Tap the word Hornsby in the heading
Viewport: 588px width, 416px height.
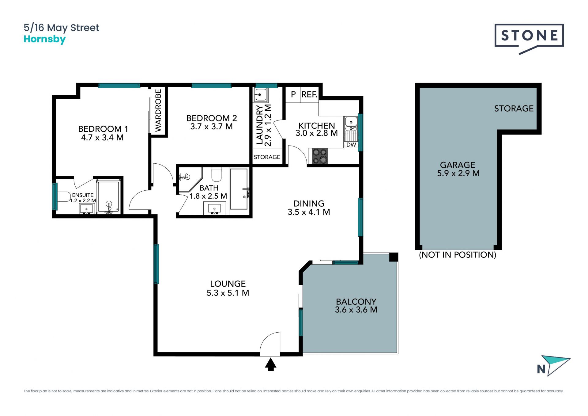[x=45, y=40]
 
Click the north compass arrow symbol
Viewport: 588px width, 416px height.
[x=555, y=365]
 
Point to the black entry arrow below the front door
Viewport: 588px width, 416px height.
[x=270, y=365]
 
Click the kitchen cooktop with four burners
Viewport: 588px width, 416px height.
[x=320, y=156]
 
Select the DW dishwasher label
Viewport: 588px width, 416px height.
[x=351, y=145]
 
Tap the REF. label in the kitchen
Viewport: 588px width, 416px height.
[x=309, y=94]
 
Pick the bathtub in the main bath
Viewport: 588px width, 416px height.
[x=239, y=189]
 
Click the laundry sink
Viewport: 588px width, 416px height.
[x=261, y=95]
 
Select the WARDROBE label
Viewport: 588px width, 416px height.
[x=158, y=110]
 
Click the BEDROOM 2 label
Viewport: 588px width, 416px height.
[x=212, y=118]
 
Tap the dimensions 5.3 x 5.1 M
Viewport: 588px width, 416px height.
[x=228, y=293]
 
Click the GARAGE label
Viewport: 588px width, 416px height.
[x=458, y=165]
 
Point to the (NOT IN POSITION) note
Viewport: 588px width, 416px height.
[x=458, y=255]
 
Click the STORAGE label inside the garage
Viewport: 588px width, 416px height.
[x=514, y=109]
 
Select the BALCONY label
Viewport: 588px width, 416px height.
[x=356, y=302]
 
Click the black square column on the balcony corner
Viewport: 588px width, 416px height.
[x=394, y=257]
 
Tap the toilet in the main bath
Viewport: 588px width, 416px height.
[x=217, y=174]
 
